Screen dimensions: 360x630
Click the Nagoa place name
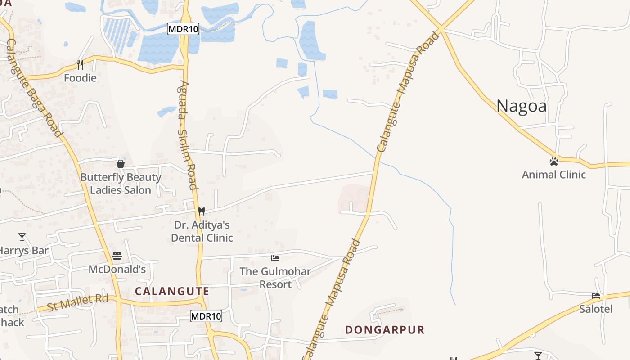522,106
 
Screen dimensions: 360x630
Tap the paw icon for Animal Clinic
553,161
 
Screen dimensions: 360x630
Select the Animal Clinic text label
553,175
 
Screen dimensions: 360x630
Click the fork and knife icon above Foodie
80,64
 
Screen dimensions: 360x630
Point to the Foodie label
80,78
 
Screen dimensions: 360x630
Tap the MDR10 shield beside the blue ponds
183,29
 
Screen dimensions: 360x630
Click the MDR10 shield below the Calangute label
206,316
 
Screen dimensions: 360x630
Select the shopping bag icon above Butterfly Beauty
120,164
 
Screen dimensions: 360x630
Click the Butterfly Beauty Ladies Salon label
121,184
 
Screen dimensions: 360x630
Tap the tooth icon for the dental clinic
202,211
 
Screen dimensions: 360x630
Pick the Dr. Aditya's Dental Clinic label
202,231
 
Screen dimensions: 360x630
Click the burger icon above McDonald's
117,256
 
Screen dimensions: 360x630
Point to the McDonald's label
117,270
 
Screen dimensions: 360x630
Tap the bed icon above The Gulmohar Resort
275,258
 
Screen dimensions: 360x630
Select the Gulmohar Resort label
275,278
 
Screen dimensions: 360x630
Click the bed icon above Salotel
596,296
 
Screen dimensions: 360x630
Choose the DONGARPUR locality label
385,330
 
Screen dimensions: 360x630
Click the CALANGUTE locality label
172,291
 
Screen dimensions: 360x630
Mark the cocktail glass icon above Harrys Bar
22,237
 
